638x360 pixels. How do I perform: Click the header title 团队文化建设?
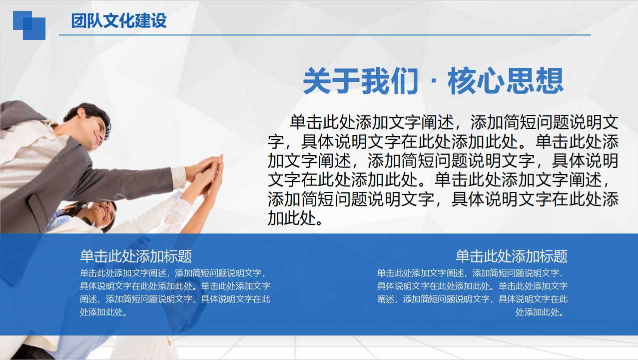point(119,21)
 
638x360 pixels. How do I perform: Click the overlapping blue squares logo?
point(29,25)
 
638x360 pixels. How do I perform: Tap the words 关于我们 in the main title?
point(360,81)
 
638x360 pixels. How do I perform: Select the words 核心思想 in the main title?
point(506,81)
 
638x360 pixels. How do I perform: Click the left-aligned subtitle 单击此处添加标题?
point(136,256)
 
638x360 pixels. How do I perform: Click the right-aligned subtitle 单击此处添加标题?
point(511,256)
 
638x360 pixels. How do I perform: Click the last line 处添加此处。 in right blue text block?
point(541,312)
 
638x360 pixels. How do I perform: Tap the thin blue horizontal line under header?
point(325,35)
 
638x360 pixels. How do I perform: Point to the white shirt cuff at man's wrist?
point(178,176)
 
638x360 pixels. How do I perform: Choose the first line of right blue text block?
point(472,273)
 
